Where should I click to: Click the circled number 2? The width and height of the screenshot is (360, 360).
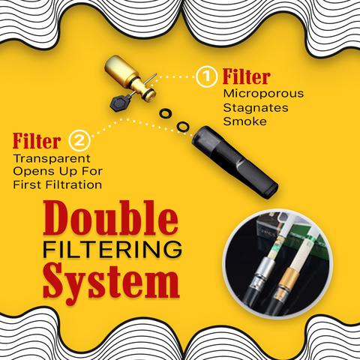coord(78,140)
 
